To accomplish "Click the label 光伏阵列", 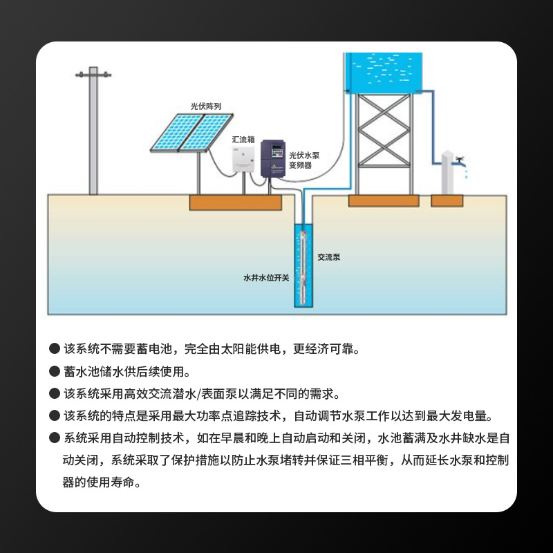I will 206,106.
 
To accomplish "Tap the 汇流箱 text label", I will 243,139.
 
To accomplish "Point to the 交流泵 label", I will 329,257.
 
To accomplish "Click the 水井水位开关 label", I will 266,277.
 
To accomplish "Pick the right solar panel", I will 205,131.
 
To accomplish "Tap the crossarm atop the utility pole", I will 93,74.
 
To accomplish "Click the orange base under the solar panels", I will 236,203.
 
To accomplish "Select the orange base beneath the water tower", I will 383,201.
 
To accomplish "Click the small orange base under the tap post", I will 447,200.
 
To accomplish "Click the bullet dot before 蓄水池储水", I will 54,371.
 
